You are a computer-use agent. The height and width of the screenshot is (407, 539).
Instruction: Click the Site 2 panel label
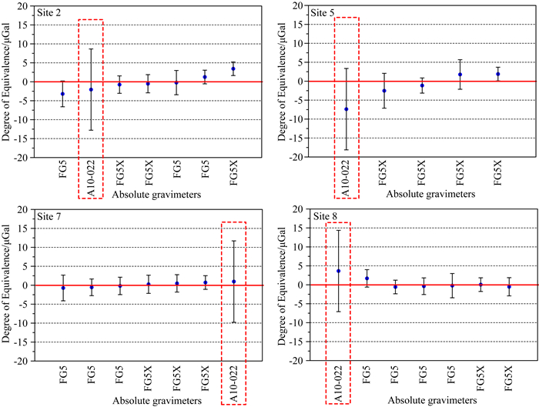(x=52, y=13)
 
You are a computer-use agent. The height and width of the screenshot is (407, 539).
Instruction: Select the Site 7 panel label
(x=52, y=217)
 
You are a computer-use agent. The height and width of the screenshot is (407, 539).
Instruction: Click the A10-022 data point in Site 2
(x=91, y=89)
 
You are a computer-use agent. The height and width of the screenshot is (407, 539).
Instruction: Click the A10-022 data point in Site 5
(x=346, y=109)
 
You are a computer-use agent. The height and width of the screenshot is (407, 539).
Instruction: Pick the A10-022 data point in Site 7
(x=233, y=282)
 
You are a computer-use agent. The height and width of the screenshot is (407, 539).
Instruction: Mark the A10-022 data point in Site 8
(x=338, y=271)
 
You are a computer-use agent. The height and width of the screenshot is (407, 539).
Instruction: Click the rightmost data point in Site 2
(x=233, y=69)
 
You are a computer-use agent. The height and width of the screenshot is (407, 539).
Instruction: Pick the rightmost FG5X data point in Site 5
(x=498, y=74)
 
